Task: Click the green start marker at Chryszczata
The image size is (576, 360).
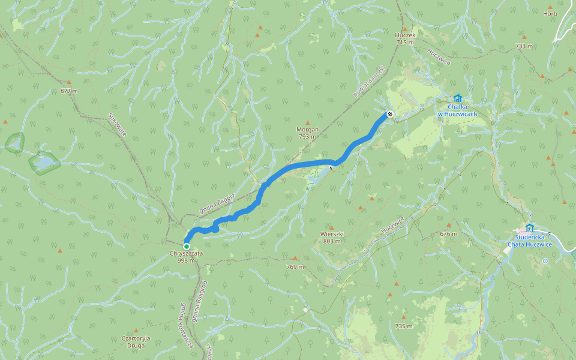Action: [187, 247]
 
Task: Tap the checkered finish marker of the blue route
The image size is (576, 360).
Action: [390, 113]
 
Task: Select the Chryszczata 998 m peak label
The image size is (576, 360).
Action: [186, 257]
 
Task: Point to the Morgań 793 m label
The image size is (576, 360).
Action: [307, 133]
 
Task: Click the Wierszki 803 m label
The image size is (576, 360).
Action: [332, 237]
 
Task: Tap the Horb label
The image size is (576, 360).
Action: [550, 13]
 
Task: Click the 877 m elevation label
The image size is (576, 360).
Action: [70, 91]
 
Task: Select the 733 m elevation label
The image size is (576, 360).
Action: [524, 46]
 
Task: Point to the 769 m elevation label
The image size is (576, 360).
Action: [295, 266]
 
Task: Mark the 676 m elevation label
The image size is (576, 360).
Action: [448, 233]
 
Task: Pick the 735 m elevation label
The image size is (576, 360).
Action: [404, 326]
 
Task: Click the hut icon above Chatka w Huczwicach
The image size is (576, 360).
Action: [457, 98]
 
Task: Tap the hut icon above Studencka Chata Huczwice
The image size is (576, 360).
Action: [529, 228]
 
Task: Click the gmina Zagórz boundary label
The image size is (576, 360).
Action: [217, 203]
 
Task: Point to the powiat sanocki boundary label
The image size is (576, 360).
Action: [368, 82]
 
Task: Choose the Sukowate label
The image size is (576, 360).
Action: [118, 124]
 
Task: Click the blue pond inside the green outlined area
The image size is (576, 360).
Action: [43, 163]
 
